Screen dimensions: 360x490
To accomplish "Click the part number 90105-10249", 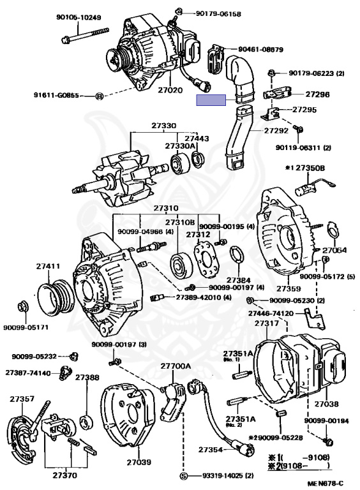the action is (x=79, y=17).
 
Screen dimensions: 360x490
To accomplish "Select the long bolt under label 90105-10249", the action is (x=85, y=35).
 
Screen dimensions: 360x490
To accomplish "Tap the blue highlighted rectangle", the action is (x=211, y=100).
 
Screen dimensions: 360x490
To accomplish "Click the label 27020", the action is (x=170, y=90).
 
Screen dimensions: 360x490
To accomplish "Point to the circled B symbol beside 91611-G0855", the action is (x=99, y=96).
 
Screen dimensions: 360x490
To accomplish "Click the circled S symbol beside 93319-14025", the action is (x=184, y=476).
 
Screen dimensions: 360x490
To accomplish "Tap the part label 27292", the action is (x=276, y=130).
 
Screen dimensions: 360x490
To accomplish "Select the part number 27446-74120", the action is (x=271, y=313).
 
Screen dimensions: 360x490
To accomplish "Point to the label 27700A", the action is (x=176, y=366).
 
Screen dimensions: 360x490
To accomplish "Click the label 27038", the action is (x=327, y=404).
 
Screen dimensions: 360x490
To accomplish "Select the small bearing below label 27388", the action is (x=86, y=422).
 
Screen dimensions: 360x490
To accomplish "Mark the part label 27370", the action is (x=64, y=475).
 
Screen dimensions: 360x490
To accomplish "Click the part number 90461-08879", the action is (x=260, y=49).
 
